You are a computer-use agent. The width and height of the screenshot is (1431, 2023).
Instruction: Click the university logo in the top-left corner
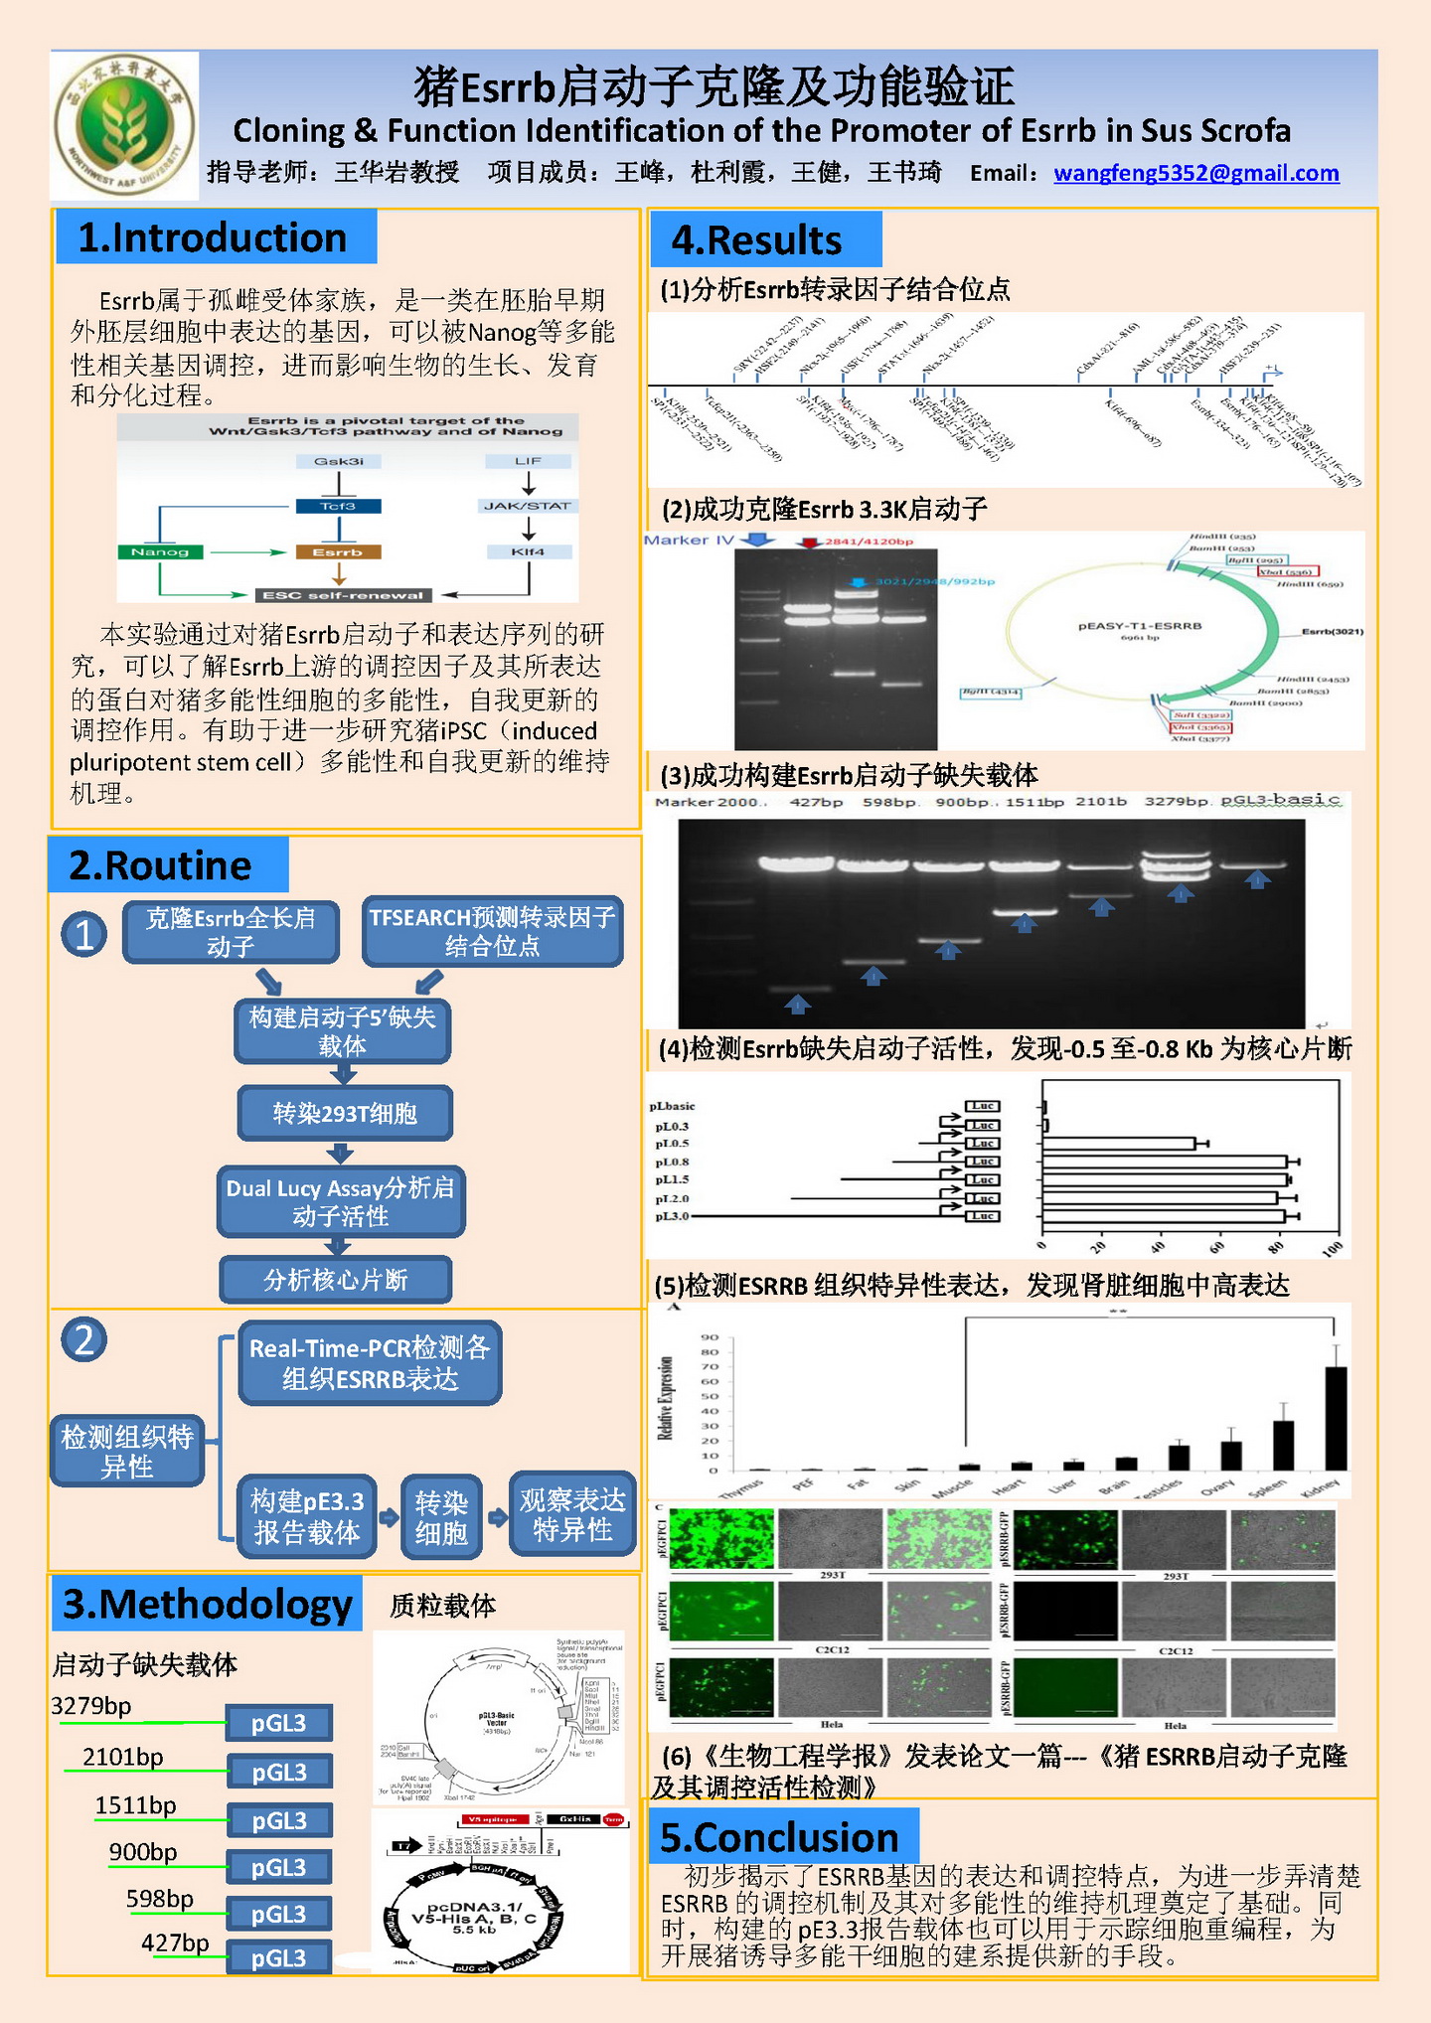coord(124,125)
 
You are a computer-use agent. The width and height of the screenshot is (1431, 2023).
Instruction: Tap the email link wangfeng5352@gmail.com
coord(1195,173)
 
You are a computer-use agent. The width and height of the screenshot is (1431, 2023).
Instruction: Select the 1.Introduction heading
coord(215,237)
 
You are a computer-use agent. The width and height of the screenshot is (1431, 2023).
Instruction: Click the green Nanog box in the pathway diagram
coord(160,552)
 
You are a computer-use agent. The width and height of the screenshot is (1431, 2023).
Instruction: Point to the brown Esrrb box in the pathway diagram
coord(338,552)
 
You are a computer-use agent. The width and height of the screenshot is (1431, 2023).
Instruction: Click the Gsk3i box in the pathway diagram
coord(338,461)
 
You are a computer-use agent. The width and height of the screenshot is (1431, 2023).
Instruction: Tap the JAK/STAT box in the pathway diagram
coord(528,506)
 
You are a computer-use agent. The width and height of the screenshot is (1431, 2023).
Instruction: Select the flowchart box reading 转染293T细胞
coord(345,1113)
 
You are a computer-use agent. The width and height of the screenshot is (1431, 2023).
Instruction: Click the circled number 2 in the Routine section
coord(84,1339)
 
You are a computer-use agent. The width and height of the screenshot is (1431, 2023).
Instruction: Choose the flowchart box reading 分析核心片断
coord(336,1280)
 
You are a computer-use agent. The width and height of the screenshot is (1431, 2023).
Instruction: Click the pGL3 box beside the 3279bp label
coord(278,1723)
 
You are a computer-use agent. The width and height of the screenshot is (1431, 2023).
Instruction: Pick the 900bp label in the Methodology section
coord(143,1852)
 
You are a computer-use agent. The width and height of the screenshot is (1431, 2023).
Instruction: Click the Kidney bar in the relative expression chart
coord(1337,1418)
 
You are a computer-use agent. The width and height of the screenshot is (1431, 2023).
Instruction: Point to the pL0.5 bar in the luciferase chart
coord(1119,1144)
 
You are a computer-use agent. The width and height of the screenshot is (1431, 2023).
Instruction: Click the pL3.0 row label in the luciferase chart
coord(672,1216)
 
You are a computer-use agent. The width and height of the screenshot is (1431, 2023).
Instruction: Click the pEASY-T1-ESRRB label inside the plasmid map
coord(1140,626)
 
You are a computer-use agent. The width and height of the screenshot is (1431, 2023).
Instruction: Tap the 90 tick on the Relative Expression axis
coord(710,1337)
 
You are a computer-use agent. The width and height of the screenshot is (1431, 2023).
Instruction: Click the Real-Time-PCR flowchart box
coord(370,1363)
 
